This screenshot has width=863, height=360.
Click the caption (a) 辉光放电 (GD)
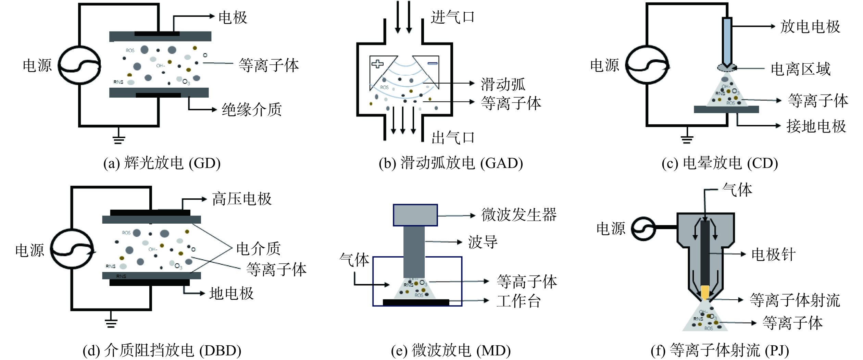click(x=162, y=163)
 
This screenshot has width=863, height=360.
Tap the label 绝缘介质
click(x=252, y=110)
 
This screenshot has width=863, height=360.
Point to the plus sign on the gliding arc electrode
click(x=377, y=64)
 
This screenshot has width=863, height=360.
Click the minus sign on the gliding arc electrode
click(x=433, y=63)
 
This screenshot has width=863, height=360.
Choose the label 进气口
click(x=453, y=17)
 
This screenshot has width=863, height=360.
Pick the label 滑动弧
click(x=503, y=84)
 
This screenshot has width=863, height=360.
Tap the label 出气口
click(x=453, y=138)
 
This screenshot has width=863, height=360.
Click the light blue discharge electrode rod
click(x=727, y=43)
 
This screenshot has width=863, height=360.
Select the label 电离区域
click(x=801, y=69)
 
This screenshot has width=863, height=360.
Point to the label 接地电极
click(x=816, y=126)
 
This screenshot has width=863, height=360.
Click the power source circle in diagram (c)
click(x=647, y=64)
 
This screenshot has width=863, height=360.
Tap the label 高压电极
click(x=242, y=199)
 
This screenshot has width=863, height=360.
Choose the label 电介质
click(x=259, y=249)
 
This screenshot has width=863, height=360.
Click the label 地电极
click(x=232, y=294)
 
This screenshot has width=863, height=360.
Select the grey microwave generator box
click(x=415, y=215)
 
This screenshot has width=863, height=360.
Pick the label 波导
click(x=483, y=242)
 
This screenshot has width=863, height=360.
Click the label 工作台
click(x=518, y=301)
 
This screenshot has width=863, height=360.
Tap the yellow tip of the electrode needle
click(x=705, y=293)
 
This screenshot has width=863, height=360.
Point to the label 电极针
click(x=773, y=255)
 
